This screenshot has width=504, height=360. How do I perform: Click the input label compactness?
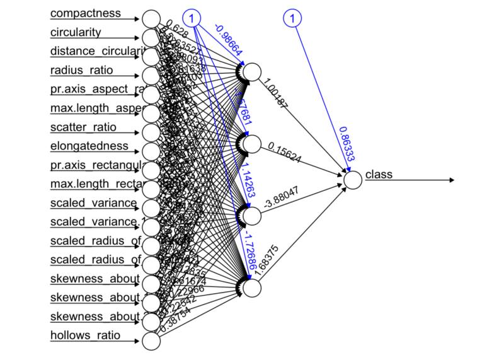click(x=85, y=13)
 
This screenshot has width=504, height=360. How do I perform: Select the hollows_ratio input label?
click(x=85, y=335)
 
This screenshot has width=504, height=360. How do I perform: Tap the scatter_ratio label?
click(x=83, y=127)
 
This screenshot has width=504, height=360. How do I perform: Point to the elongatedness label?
click(x=89, y=146)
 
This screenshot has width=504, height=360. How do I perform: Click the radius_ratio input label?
click(x=81, y=70)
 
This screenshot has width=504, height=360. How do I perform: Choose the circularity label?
click(x=76, y=32)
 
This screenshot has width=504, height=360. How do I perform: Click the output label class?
click(x=378, y=174)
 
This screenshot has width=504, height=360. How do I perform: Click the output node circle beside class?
click(x=353, y=180)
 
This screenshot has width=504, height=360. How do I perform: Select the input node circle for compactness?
click(x=151, y=19)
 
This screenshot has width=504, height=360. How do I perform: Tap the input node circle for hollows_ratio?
click(x=151, y=340)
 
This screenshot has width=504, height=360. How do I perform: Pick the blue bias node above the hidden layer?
click(x=292, y=19)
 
